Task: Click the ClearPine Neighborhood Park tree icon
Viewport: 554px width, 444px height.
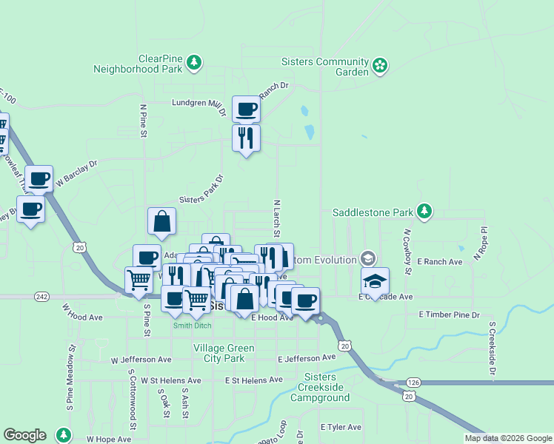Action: (193, 63)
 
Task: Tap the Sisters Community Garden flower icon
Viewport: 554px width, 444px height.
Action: (380, 66)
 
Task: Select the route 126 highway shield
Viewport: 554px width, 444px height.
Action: (413, 383)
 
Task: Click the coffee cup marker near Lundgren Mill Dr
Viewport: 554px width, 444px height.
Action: (246, 110)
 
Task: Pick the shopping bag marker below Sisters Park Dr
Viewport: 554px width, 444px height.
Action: (161, 221)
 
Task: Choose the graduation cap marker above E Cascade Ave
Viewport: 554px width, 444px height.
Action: (376, 281)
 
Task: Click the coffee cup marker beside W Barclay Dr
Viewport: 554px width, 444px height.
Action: (39, 178)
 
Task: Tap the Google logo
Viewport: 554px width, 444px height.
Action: (24, 435)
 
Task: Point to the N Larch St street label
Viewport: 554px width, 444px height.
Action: (276, 218)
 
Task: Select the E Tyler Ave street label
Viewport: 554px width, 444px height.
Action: (341, 427)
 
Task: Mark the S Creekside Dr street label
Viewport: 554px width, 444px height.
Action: (491, 349)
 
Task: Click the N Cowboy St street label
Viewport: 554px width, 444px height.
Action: (407, 251)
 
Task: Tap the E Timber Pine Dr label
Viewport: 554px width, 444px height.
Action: (449, 314)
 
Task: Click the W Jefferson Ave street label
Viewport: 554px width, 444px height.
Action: (141, 360)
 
